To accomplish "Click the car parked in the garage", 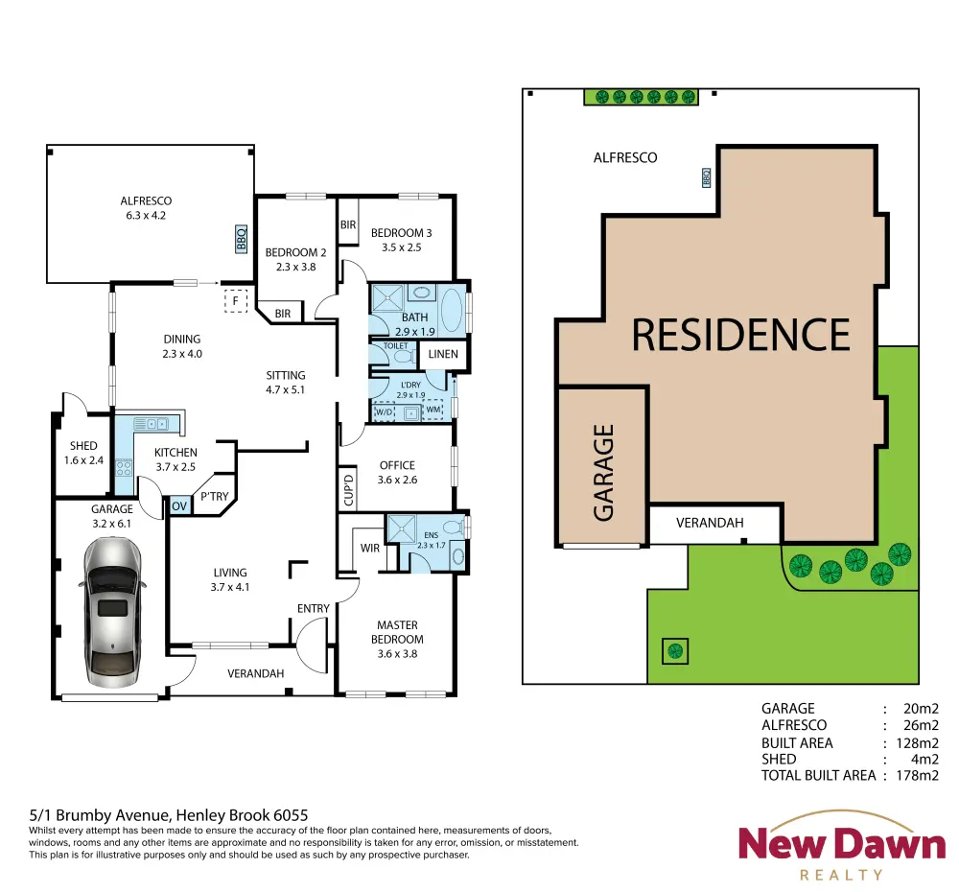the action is coord(112,612).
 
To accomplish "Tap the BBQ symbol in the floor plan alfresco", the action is coord(241,239).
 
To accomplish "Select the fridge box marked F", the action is coord(236,301).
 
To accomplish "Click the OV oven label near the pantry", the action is coord(179,506).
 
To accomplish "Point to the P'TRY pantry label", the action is coord(215,496).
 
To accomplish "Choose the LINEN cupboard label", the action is coord(443,354).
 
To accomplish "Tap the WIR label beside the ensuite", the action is coord(369,549).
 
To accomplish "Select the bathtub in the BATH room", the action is coord(452,310).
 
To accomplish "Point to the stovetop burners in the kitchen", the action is coord(124,468).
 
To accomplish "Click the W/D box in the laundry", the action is coord(385,411).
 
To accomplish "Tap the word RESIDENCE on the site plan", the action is coord(740,335).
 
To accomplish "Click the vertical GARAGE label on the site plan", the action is coord(603,472).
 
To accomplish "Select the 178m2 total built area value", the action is coord(917,775).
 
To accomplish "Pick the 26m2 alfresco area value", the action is coord(921,725).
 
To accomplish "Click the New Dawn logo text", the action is coord(842,843).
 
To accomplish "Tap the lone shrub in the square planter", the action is coord(675,651).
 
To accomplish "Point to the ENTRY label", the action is coord(314,609).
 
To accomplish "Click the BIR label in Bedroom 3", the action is coord(348,224).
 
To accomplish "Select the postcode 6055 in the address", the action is coord(291,815).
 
